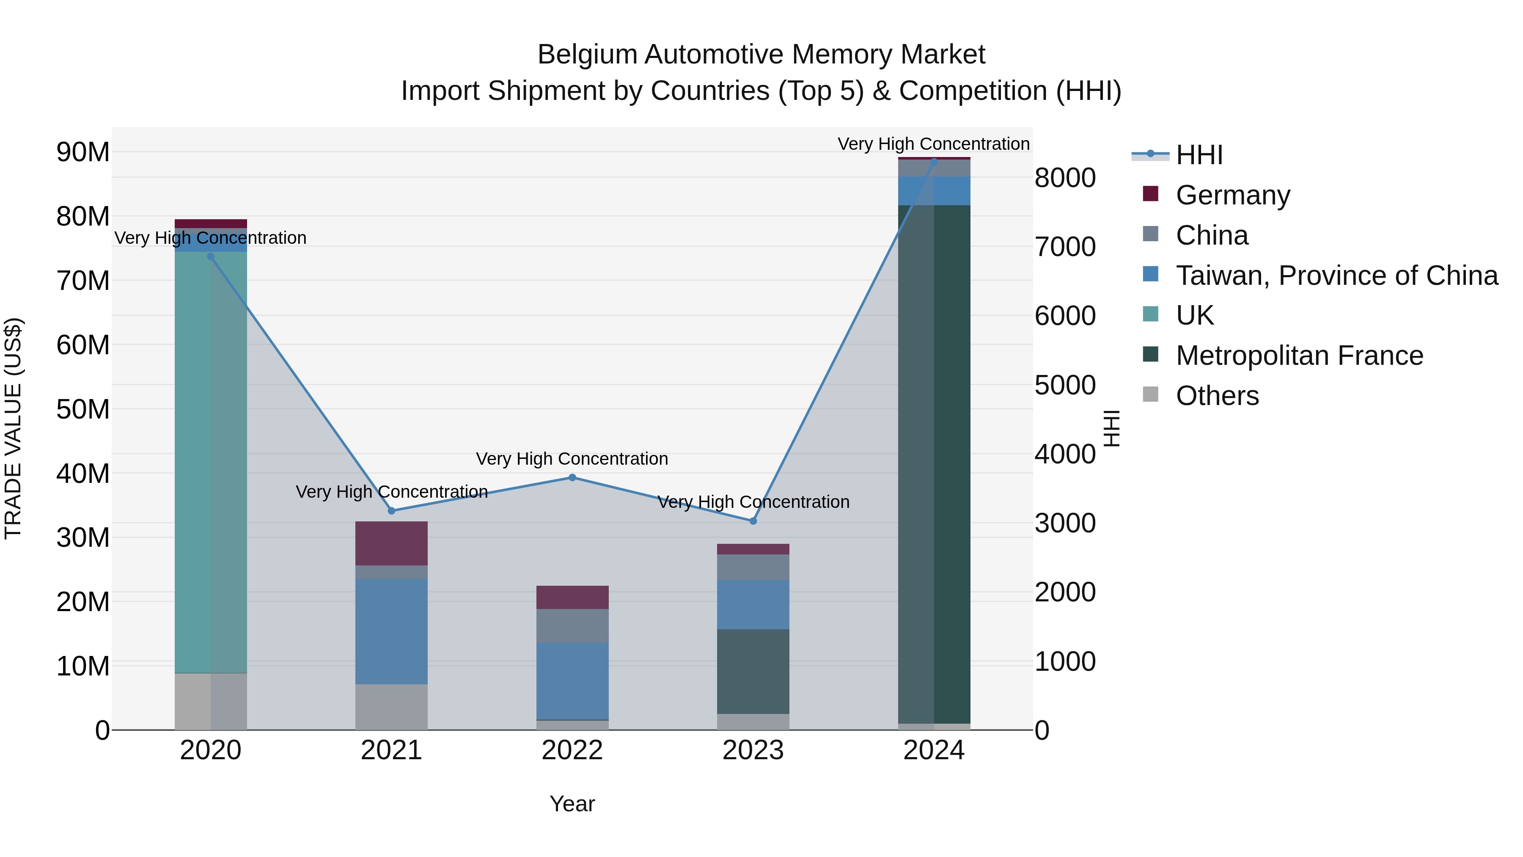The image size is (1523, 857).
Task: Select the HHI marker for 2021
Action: [x=391, y=510]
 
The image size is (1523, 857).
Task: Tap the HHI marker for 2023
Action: [x=753, y=521]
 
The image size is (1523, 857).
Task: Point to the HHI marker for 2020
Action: [x=211, y=256]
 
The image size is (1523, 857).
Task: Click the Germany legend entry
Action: [x=1233, y=195]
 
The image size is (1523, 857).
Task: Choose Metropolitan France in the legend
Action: [x=1299, y=355]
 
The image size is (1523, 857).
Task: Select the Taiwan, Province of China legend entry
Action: [x=1336, y=276]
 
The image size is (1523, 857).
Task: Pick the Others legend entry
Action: [x=1217, y=396]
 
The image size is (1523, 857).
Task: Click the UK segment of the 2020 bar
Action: [x=211, y=461]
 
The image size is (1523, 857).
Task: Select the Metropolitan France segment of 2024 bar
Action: [x=934, y=464]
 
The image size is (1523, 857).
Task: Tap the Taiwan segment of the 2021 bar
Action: [x=391, y=631]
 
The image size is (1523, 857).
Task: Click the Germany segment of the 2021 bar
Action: [x=391, y=543]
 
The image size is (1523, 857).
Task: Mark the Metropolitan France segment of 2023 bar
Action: [x=753, y=671]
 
